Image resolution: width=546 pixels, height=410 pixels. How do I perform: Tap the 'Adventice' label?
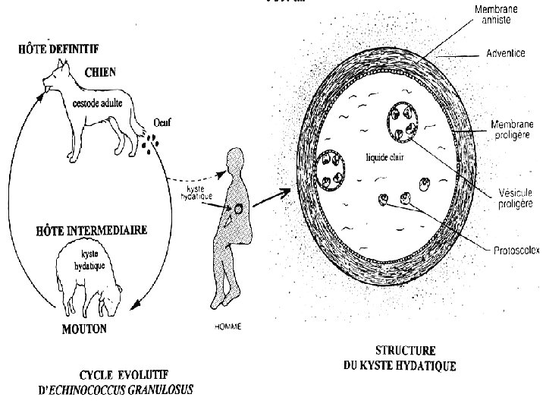[505, 55]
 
